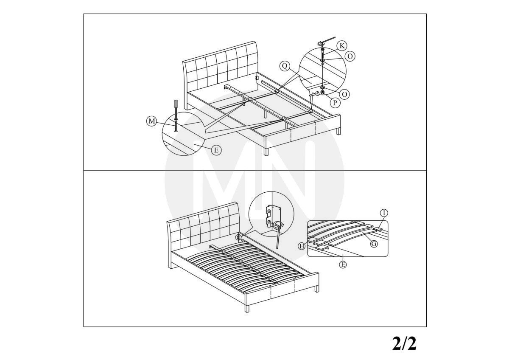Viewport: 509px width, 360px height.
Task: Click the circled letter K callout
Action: [x=341, y=46]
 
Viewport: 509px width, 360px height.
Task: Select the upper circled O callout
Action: [x=350, y=56]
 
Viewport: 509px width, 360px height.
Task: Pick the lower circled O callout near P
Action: [x=344, y=94]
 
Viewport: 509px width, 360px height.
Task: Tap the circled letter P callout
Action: [x=335, y=103]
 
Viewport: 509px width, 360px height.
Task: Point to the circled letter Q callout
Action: [x=285, y=66]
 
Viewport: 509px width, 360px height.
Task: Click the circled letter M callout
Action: [x=151, y=121]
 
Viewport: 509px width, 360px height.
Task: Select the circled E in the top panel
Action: [x=216, y=150]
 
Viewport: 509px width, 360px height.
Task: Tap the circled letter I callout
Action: [x=384, y=213]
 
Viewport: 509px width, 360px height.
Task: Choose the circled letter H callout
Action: [x=302, y=246]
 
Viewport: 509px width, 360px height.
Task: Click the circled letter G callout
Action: [x=374, y=244]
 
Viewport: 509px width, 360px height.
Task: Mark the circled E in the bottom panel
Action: [x=343, y=264]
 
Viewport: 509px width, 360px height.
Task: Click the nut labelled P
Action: [x=322, y=92]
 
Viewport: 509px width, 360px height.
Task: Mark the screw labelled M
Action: [x=176, y=125]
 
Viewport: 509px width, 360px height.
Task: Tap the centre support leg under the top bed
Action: [x=265, y=113]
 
